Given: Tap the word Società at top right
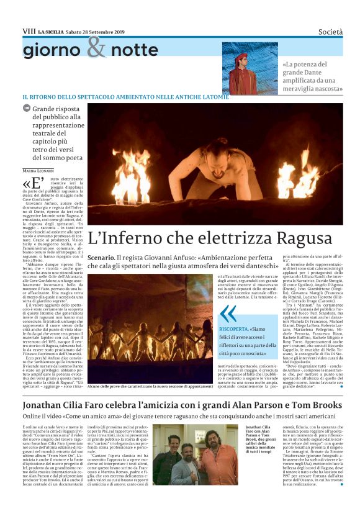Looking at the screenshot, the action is (325, 30).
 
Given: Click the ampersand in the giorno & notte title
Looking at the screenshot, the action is (96, 47).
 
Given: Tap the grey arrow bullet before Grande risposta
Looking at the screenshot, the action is (27, 108).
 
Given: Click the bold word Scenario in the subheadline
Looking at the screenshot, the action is (101, 257).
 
